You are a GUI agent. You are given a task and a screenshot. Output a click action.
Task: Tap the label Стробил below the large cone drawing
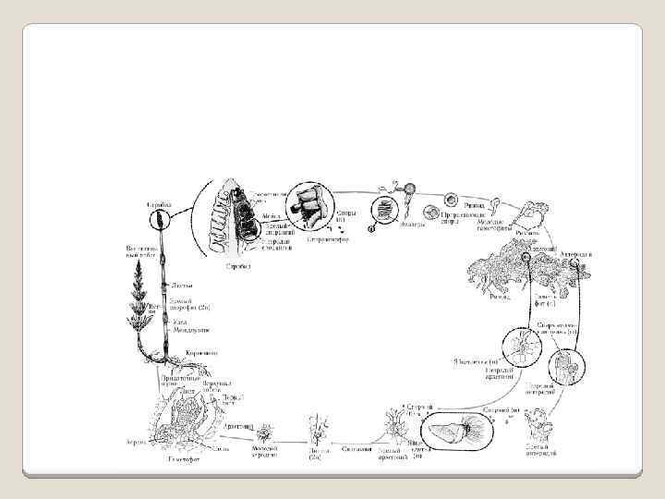tap(239, 265)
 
